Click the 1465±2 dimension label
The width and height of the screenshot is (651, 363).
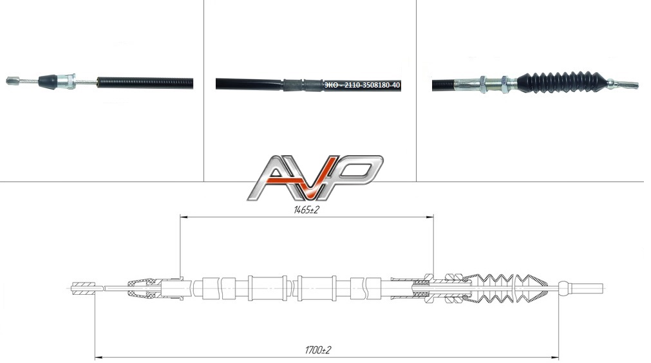point(306,210)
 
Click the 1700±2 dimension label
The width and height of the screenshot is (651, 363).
point(317,350)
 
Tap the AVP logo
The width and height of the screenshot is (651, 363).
point(315,178)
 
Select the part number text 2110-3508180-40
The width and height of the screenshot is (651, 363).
point(372,86)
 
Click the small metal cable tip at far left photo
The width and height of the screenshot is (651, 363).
point(13,80)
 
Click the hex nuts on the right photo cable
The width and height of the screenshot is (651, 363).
point(494,84)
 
